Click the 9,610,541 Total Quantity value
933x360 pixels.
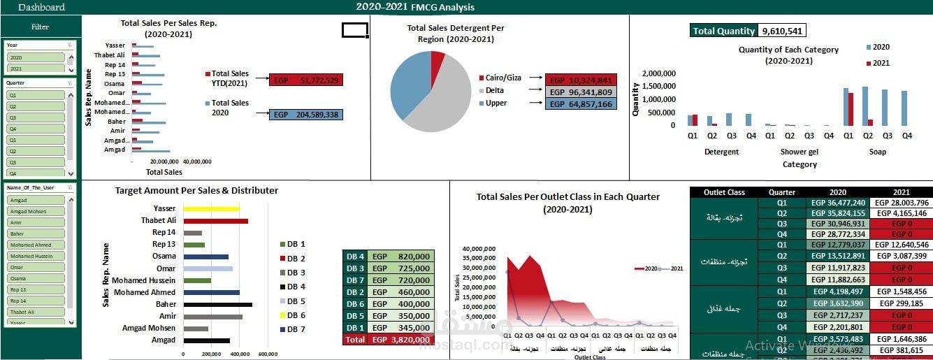click(783, 31)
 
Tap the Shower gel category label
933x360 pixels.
click(800, 152)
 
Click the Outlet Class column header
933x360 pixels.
click(724, 192)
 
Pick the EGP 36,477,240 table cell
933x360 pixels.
click(838, 203)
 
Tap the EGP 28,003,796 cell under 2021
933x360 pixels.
click(903, 203)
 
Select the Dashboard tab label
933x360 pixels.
click(41, 8)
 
